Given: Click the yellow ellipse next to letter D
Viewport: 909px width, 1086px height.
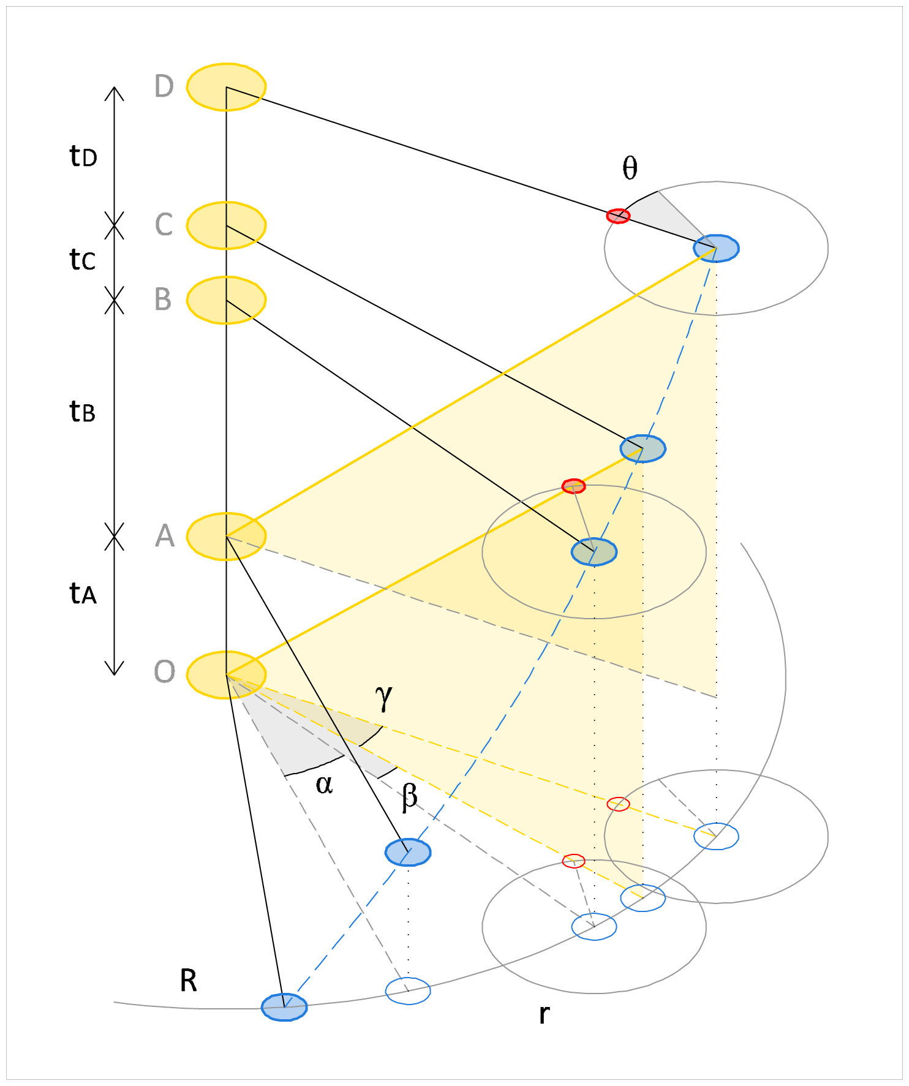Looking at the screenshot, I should click(226, 87).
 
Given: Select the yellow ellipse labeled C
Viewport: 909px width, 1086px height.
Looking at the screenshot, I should click(226, 225).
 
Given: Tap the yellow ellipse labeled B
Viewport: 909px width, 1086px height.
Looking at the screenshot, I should click(226, 300).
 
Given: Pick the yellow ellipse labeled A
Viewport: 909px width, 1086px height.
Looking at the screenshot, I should click(226, 537).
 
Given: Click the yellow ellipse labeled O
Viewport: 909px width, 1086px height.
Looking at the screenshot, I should click(226, 674).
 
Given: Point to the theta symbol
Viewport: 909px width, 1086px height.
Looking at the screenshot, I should click(630, 168).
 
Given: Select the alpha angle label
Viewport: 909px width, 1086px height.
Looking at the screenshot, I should click(324, 784).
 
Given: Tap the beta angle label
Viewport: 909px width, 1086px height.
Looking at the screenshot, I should click(410, 797).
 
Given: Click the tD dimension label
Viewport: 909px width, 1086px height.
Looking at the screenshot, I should click(83, 157).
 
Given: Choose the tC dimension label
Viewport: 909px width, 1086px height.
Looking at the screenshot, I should click(83, 260).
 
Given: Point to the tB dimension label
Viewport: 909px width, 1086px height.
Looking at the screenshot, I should click(83, 412).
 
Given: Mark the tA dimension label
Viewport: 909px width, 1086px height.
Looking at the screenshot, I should click(83, 594).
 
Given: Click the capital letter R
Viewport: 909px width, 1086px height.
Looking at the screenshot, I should click(188, 981).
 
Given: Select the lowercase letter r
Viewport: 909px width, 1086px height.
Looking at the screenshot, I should click(544, 1014).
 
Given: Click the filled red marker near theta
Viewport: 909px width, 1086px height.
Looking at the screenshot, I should click(618, 216).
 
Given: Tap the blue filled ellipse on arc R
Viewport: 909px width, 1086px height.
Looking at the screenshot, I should click(284, 1007).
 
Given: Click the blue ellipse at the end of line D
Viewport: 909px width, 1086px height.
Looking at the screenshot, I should click(716, 248).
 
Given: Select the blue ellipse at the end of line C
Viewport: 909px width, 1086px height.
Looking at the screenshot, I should click(643, 449).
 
